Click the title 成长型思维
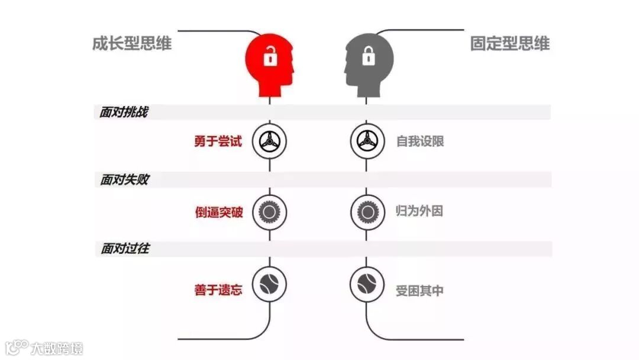tap(132, 43)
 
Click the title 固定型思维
tap(510, 43)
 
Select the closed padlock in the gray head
tap(369, 57)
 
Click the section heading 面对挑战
tap(123, 112)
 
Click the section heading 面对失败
tap(123, 180)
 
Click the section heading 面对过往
tap(123, 249)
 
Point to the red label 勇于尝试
tap(218, 142)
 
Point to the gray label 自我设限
tap(420, 142)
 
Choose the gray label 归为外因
tap(419, 211)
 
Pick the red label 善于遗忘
tap(218, 290)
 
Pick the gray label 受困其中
tap(419, 291)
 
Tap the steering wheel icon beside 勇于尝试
tap(270, 142)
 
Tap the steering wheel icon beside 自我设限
tap(367, 142)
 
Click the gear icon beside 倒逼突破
tap(270, 211)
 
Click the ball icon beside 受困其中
tap(367, 283)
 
